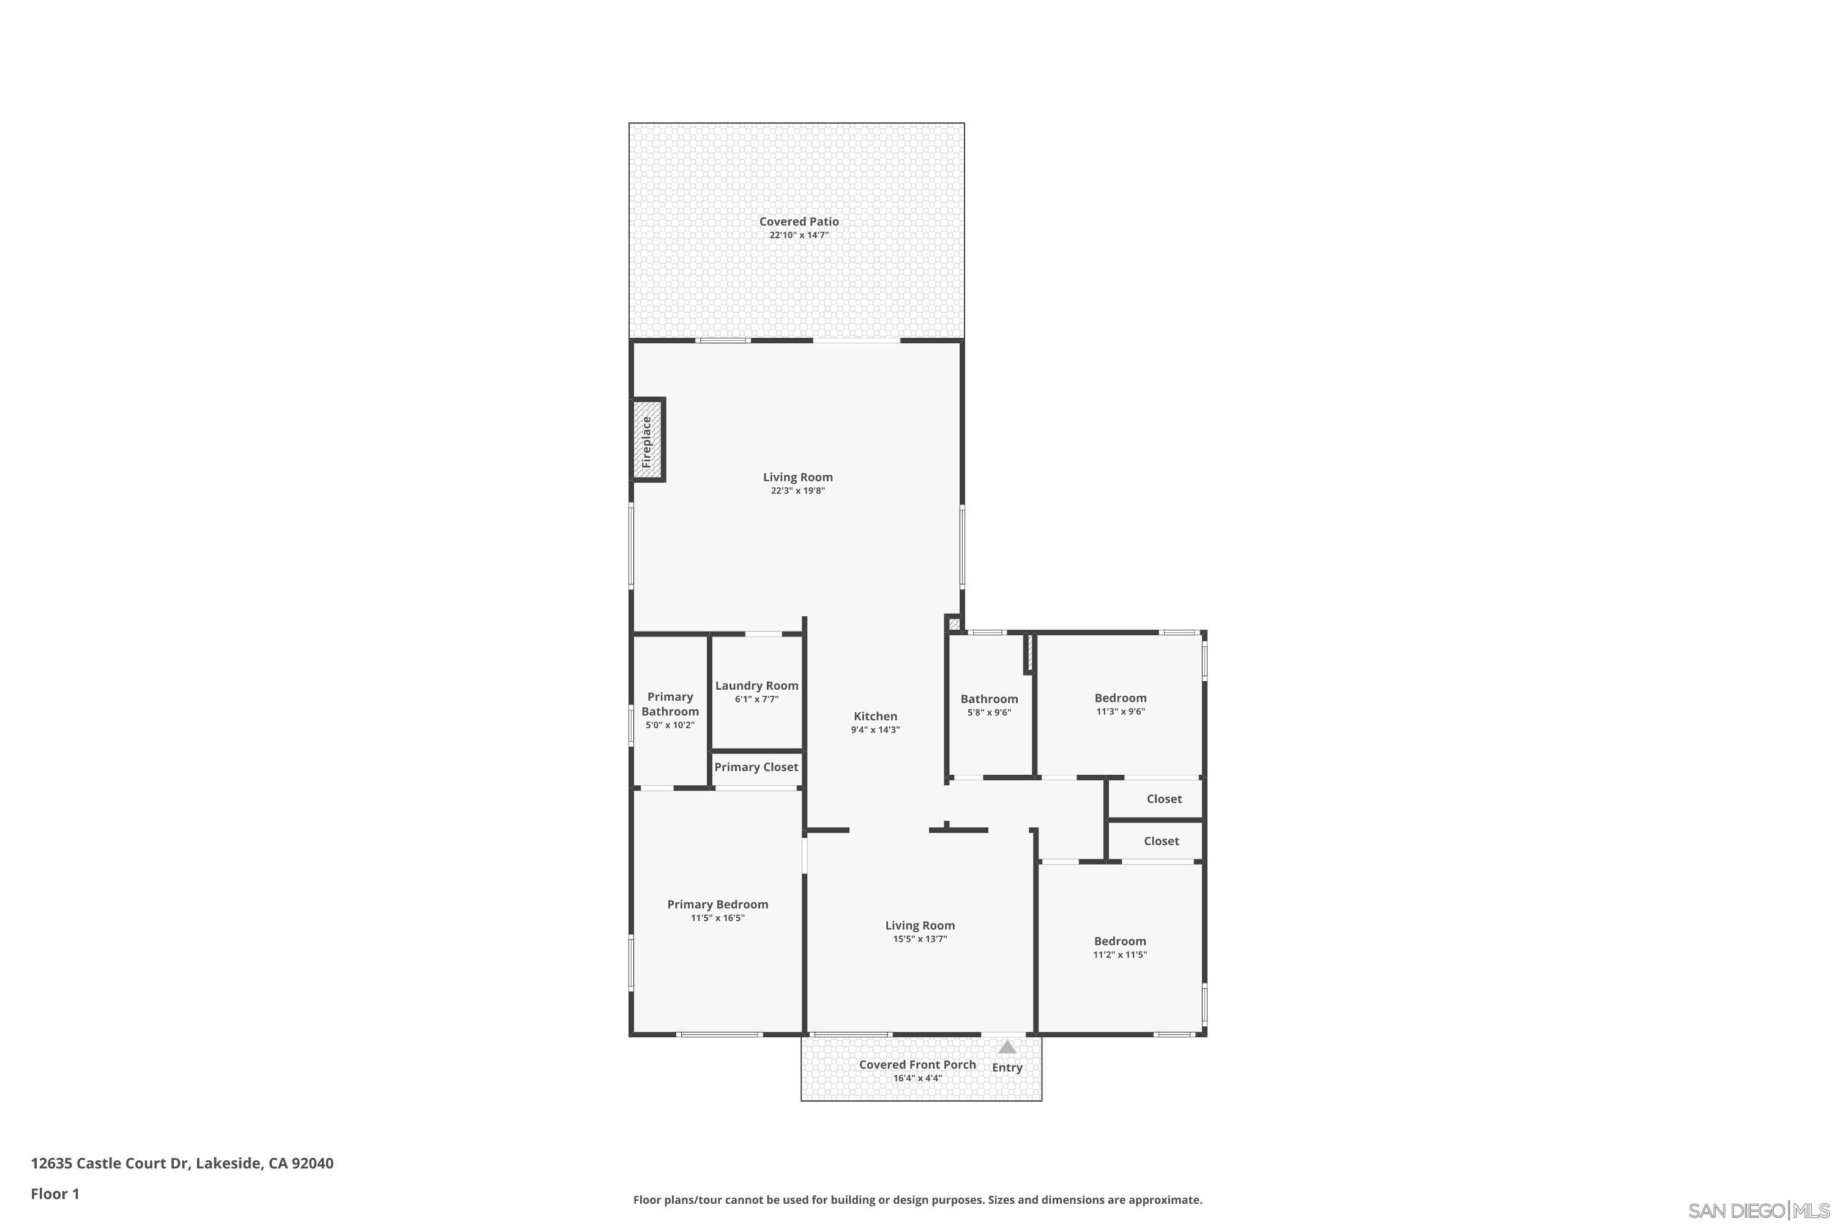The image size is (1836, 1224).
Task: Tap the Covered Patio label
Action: coord(799,222)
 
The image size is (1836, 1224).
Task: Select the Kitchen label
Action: coord(875,716)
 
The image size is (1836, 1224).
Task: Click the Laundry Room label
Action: coord(756,685)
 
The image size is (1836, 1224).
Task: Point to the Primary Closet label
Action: coord(756,767)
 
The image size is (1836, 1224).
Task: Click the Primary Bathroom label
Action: coord(670,704)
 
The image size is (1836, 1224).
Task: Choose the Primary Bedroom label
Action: coord(717,904)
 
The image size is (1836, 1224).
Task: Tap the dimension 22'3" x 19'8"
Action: coord(798,491)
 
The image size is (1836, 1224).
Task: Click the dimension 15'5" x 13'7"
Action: coord(920,939)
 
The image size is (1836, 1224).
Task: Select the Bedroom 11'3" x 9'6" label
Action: coord(1120,698)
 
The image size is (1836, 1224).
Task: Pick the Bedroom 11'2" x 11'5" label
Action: coord(1119,941)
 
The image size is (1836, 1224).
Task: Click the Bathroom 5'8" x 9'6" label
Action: coord(989,699)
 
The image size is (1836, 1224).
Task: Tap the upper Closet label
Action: coord(1164,799)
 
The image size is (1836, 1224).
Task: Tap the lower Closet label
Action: coord(1161,841)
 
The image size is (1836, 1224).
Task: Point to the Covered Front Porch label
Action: coord(917,1065)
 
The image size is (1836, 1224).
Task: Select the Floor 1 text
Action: coord(54,1193)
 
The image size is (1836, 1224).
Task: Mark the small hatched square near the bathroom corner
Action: coord(953,624)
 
